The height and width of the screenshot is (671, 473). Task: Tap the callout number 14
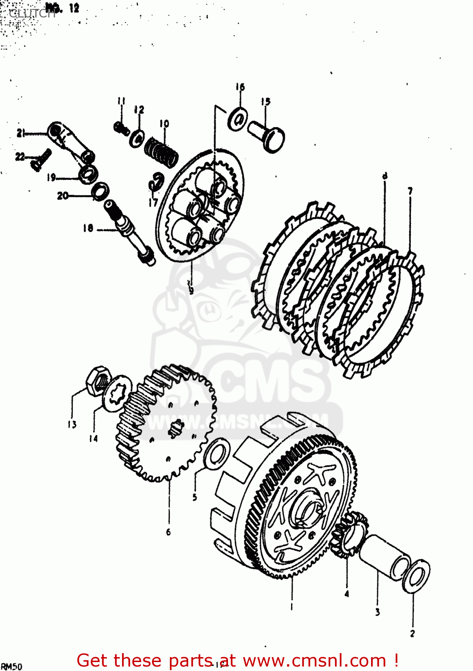coord(93,438)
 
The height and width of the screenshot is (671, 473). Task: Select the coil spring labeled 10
coord(161,151)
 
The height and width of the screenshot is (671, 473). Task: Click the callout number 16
coord(240,87)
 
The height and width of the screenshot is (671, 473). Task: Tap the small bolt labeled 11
coord(121,128)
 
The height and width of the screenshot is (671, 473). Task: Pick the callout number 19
coord(51,178)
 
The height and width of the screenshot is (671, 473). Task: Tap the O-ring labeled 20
coord(100,191)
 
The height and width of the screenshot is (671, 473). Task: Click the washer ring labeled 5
coord(217,454)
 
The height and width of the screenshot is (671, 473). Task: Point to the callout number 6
coord(169,531)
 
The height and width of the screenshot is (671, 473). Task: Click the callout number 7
coord(410,191)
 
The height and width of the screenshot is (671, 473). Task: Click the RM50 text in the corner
coord(11,667)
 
